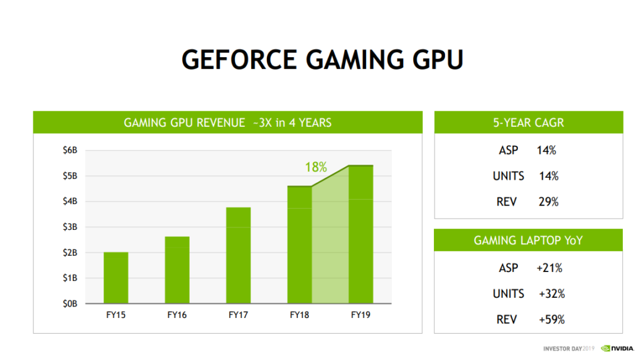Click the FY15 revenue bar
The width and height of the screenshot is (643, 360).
click(x=116, y=278)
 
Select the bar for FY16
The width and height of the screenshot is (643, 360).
click(x=177, y=270)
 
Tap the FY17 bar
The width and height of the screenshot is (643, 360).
click(x=239, y=255)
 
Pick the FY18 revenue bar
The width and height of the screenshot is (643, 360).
click(x=300, y=245)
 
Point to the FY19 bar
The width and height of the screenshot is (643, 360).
click(x=360, y=234)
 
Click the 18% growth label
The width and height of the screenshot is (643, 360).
click(x=316, y=167)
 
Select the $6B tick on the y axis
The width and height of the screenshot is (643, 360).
click(x=70, y=150)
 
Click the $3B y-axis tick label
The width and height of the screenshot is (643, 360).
click(x=70, y=227)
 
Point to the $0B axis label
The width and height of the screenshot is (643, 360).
click(x=70, y=303)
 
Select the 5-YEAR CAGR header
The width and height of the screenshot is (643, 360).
click(x=528, y=123)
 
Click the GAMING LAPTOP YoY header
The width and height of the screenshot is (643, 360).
click(x=528, y=241)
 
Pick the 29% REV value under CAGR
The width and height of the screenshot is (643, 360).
click(x=548, y=202)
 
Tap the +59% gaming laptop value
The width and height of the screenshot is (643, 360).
click(x=551, y=320)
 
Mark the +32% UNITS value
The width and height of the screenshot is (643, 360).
click(x=551, y=294)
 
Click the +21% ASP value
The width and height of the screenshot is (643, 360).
click(x=549, y=268)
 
